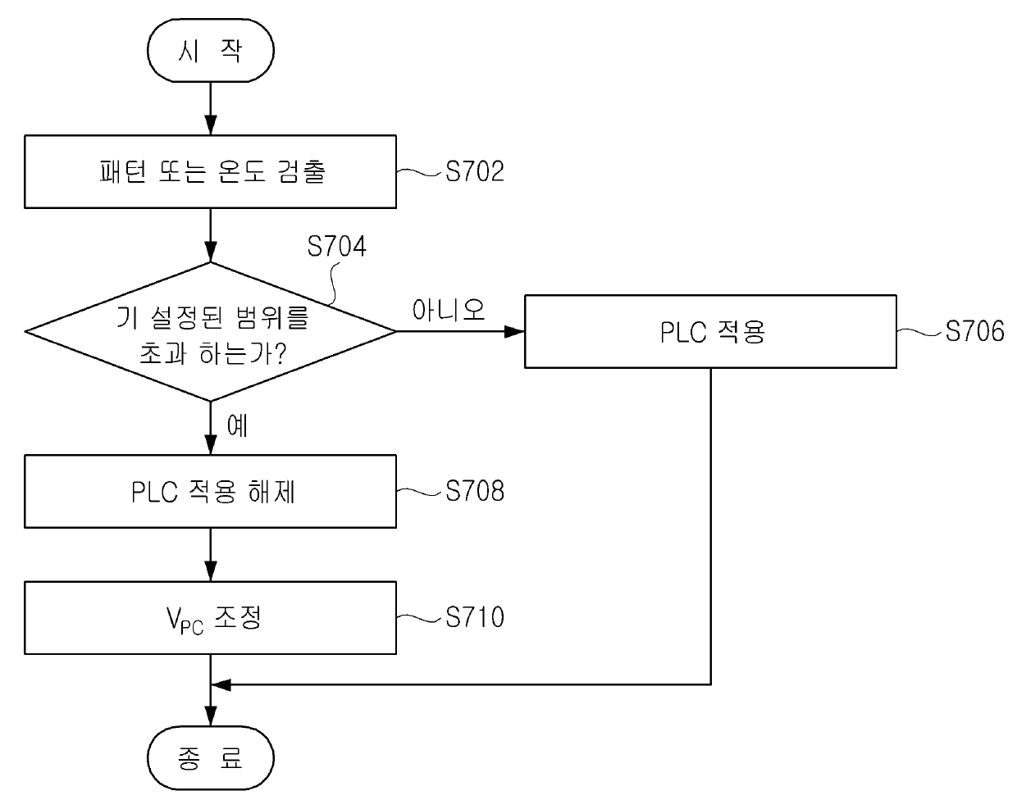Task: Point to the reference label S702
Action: click(475, 171)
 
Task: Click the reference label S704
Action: click(336, 246)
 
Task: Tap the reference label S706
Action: click(974, 331)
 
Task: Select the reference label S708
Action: click(475, 491)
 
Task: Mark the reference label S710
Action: click(475, 617)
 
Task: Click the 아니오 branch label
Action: click(448, 310)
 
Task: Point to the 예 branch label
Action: click(237, 426)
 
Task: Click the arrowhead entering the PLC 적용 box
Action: click(514, 331)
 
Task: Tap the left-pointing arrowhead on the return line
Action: click(221, 684)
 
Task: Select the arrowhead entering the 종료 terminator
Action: click(210, 716)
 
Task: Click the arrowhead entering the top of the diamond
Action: click(210, 252)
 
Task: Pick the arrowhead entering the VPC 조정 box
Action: click(210, 571)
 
